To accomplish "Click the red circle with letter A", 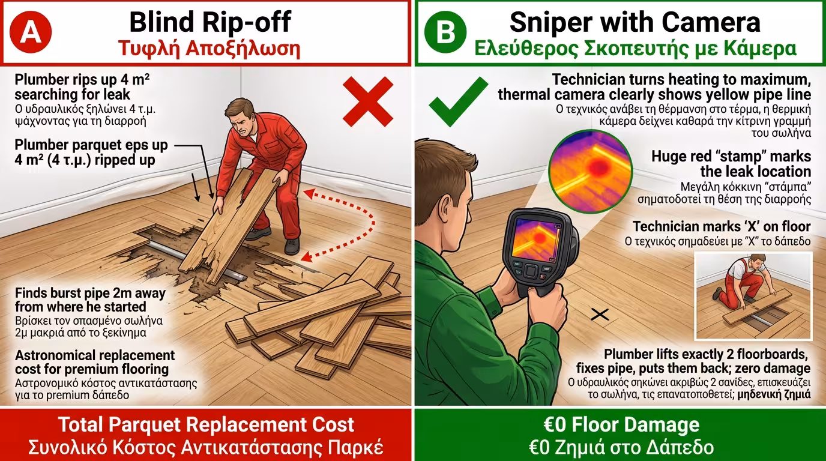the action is tap(31, 32).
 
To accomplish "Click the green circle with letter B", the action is tap(445, 32).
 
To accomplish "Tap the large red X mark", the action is tap(367, 102).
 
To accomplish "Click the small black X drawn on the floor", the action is tap(600, 315).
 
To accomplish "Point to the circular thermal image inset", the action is tap(590, 172).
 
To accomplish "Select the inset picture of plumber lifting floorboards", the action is tap(753, 296).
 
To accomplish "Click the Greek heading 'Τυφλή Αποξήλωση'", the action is tap(209, 49).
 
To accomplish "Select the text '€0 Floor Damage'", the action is tap(621, 424).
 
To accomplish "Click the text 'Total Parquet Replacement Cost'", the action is tap(206, 424).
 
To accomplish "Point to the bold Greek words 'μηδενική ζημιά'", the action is tap(774, 394).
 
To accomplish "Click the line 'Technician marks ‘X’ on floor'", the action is tap(722, 226).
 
